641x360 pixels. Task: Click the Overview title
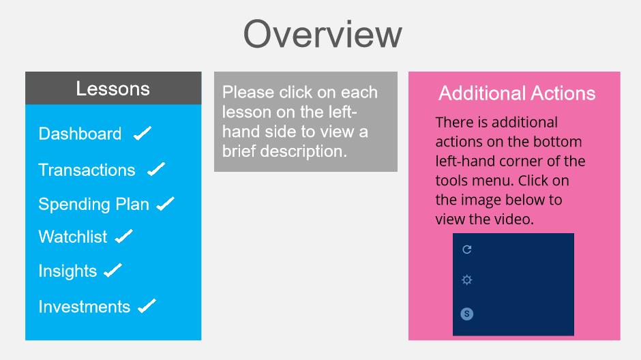click(323, 34)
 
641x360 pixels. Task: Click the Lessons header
click(113, 89)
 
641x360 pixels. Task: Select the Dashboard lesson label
click(80, 134)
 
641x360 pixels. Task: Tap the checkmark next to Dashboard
click(143, 133)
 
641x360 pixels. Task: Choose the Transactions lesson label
click(87, 170)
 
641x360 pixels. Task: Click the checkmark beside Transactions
click(156, 169)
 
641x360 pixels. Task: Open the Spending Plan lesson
click(93, 205)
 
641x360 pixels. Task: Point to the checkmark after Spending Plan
click(166, 203)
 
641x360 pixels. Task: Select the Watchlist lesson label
click(73, 237)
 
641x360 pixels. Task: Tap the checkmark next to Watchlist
click(124, 236)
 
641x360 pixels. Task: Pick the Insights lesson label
click(68, 271)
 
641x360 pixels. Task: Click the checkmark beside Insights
click(113, 270)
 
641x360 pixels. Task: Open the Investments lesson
click(84, 307)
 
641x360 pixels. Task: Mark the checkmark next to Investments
click(147, 305)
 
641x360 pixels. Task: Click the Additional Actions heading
click(517, 93)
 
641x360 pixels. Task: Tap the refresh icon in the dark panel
click(467, 250)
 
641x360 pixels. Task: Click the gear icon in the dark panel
click(467, 280)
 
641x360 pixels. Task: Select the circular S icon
click(467, 314)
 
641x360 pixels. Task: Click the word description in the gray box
click(303, 151)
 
